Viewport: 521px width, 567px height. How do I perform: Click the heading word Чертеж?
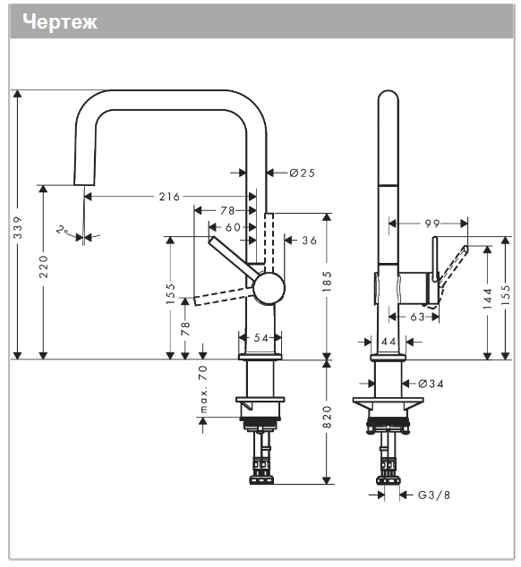pos(60,22)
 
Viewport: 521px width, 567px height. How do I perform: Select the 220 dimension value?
pos(44,266)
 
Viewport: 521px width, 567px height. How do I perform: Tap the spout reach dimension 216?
pos(168,197)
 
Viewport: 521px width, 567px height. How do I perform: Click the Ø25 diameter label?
pos(302,172)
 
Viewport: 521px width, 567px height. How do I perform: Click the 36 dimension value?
pos(309,240)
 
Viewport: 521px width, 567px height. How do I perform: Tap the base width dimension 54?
pos(260,337)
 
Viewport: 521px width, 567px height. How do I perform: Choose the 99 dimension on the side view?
pos(431,224)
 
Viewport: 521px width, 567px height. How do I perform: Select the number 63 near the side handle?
pos(416,316)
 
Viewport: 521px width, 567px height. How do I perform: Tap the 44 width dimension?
pos(389,342)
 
